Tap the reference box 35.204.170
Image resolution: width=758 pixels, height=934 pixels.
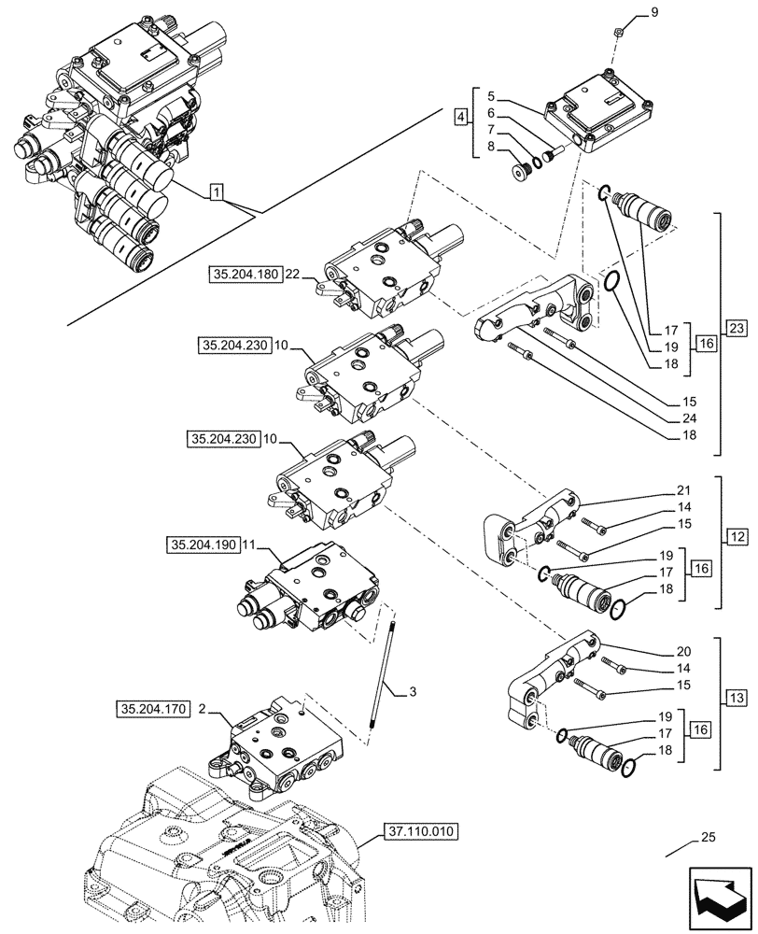click(152, 710)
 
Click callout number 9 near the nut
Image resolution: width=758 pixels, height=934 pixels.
click(653, 13)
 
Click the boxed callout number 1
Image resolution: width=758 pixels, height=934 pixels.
click(216, 193)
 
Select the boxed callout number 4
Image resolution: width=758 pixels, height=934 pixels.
click(460, 117)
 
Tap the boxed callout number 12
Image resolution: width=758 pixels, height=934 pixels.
click(737, 537)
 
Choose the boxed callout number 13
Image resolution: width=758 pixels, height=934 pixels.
click(737, 698)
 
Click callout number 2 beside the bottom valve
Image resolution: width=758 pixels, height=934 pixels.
click(202, 710)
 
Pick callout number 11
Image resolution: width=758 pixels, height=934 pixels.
click(247, 544)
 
